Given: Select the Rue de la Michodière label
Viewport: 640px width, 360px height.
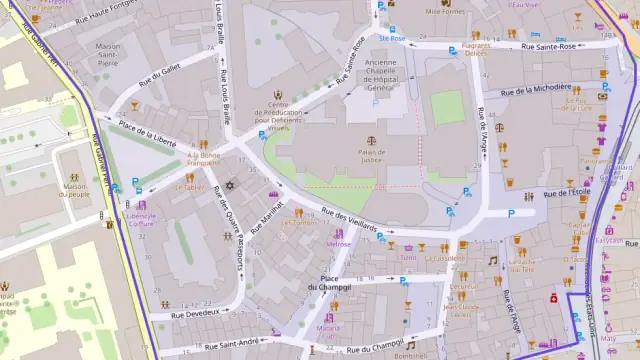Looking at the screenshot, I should point(536,89).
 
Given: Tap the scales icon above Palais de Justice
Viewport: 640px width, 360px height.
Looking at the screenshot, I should point(371,141).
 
